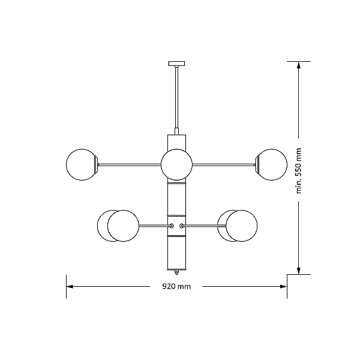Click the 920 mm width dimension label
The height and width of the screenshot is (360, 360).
[176, 287]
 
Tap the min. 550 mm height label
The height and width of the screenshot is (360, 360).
[298, 170]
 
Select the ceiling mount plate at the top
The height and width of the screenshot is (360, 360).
[176, 64]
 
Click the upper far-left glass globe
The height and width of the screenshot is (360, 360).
[82, 164]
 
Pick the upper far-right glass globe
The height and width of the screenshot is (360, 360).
[271, 164]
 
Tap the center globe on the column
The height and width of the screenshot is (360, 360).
[176, 164]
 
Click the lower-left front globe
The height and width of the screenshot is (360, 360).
[123, 226]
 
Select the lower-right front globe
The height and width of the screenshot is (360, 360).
[242, 226]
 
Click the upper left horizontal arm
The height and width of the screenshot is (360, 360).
[130, 164]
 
